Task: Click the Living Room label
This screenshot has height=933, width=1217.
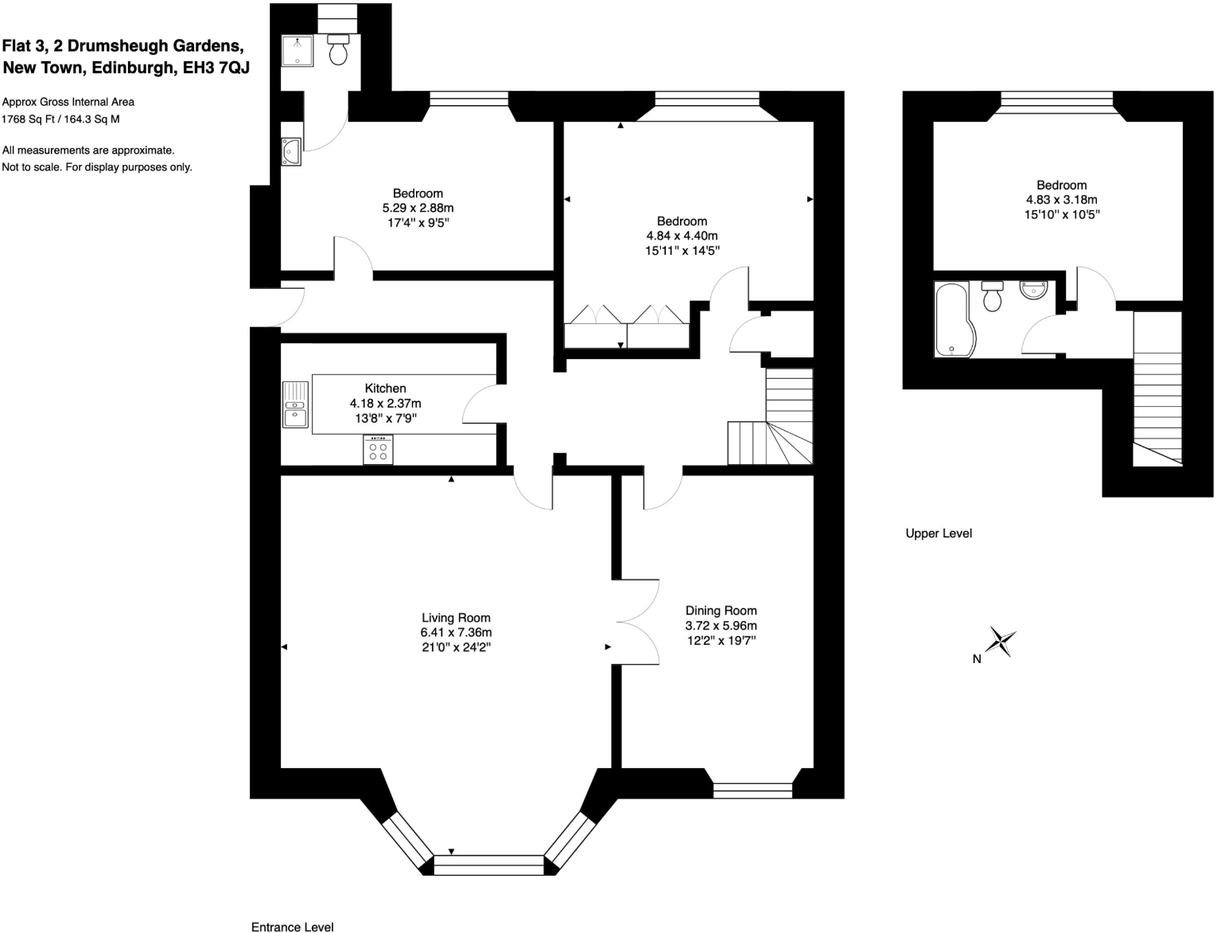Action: pos(456,618)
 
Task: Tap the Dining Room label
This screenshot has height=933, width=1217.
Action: pos(721,611)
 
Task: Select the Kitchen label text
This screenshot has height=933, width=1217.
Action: pos(385,388)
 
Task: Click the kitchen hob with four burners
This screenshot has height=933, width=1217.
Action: pos(378,451)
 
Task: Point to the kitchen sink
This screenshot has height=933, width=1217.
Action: pos(295,404)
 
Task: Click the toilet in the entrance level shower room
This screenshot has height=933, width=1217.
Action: pos(338,49)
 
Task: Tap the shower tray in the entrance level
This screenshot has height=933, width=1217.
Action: pos(297,50)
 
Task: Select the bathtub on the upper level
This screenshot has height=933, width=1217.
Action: pos(951,319)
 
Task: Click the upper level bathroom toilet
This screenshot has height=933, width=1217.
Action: pos(992,296)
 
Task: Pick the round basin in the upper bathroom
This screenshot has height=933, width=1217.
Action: pos(1033,290)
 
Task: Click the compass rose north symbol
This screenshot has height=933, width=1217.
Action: pos(1001,641)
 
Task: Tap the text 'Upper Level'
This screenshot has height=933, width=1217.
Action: pos(939,533)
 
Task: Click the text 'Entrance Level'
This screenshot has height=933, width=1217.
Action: pos(292,927)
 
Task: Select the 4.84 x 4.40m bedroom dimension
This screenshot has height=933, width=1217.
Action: pos(682,236)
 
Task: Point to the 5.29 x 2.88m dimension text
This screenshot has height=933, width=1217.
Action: pos(418,208)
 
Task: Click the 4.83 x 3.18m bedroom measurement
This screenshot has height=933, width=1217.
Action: pos(1061,200)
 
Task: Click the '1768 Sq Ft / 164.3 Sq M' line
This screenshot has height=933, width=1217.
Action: pos(60,119)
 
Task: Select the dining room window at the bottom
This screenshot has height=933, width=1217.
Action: pos(752,790)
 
